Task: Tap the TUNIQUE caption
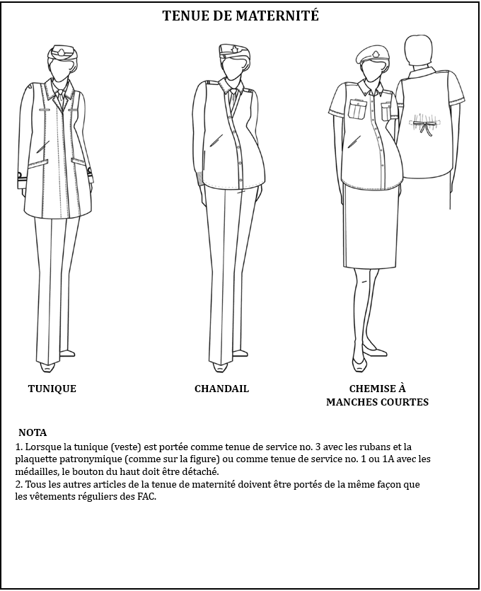click(x=52, y=389)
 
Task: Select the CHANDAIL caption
click(x=221, y=389)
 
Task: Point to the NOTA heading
click(x=33, y=432)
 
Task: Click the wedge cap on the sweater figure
click(x=233, y=51)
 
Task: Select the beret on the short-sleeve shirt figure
click(x=372, y=54)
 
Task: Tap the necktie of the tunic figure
click(x=60, y=98)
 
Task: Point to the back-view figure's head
click(x=419, y=51)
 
